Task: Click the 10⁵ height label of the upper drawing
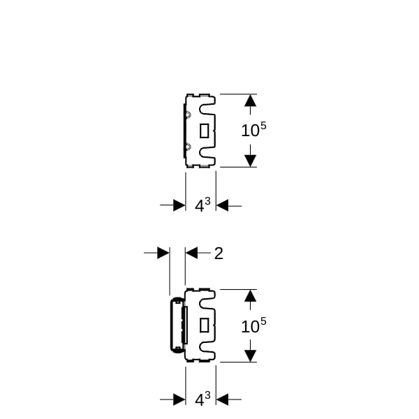(x=253, y=129)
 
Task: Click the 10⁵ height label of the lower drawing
(x=253, y=325)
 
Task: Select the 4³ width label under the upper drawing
(x=203, y=205)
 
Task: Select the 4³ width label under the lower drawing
(x=203, y=399)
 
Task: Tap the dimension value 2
(x=219, y=253)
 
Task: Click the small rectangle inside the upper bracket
(x=205, y=131)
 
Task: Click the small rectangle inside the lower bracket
(x=205, y=325)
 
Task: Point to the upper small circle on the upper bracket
(x=188, y=115)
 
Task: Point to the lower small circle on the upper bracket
(x=188, y=147)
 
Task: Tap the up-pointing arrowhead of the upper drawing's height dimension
(x=251, y=101)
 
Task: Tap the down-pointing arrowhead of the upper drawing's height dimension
(x=251, y=161)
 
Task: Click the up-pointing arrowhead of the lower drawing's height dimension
(x=251, y=295)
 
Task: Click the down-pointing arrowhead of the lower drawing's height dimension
(x=251, y=356)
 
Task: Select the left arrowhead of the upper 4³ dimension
(x=179, y=205)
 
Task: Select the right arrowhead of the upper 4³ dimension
(x=222, y=205)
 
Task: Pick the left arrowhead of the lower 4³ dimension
(x=179, y=399)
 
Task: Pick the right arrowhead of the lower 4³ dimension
(x=222, y=399)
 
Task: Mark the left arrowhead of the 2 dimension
(x=163, y=253)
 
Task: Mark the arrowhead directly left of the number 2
(x=191, y=253)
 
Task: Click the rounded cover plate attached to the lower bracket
(x=177, y=325)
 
